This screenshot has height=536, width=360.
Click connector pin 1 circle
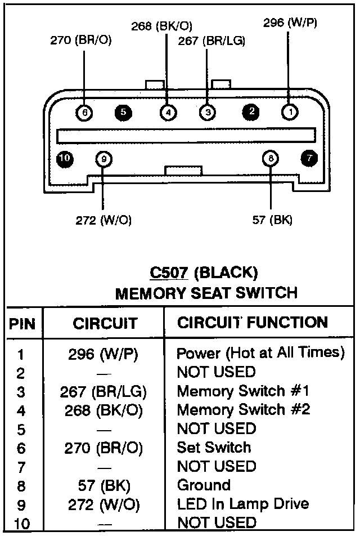(289, 113)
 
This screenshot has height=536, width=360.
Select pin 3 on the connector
(208, 113)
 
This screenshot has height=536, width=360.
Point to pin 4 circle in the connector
(167, 113)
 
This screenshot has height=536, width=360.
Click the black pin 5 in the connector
(123, 113)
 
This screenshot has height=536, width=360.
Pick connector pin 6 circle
(84, 113)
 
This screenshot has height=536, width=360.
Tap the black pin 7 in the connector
(309, 159)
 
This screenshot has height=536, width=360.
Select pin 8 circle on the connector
(271, 159)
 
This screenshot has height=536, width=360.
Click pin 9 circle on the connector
(103, 159)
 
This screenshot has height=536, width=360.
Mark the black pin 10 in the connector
(65, 159)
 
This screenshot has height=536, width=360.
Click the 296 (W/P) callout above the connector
(290, 23)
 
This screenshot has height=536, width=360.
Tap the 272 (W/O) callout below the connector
(103, 220)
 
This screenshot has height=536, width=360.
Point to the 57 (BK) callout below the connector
(272, 220)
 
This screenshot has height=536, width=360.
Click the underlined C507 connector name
(169, 273)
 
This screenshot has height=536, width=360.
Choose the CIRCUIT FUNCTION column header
(253, 323)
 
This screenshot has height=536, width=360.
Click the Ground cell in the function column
(204, 485)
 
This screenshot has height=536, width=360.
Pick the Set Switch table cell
(214, 447)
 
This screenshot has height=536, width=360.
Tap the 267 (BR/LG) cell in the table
(103, 391)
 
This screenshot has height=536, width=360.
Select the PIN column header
(22, 324)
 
